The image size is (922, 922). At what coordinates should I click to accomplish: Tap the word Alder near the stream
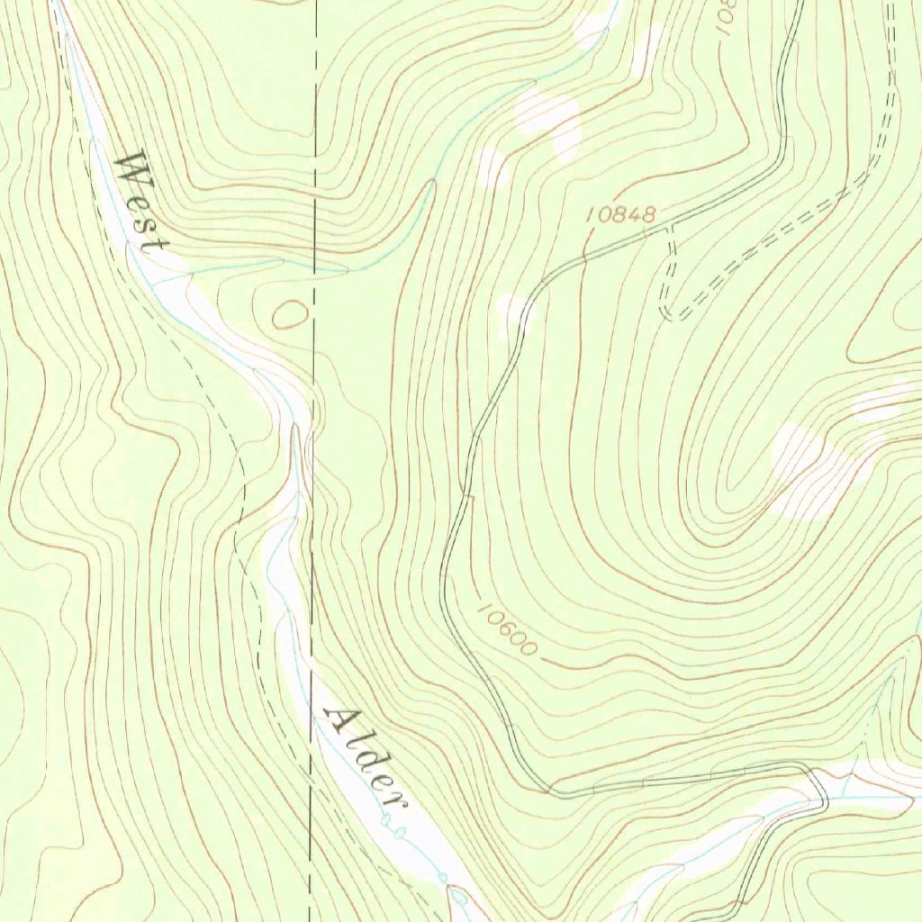tap(360, 753)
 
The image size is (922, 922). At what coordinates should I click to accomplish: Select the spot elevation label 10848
tap(619, 214)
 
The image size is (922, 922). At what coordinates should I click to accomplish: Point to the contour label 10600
tap(506, 628)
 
